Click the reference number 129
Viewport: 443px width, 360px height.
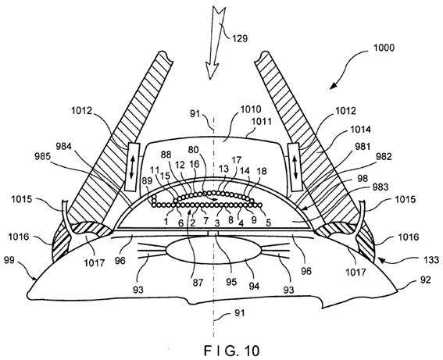(x=240, y=38)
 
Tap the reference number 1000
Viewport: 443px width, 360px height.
(x=384, y=48)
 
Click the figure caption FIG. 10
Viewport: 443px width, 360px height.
(x=231, y=351)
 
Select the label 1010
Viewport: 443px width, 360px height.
(x=251, y=109)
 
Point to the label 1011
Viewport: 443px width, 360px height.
(x=262, y=121)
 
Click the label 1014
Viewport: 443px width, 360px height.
(x=360, y=130)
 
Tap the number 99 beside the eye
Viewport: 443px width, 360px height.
(x=9, y=259)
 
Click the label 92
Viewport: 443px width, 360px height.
(x=426, y=280)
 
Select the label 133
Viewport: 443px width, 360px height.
(x=431, y=259)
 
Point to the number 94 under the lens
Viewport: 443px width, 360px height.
(x=254, y=286)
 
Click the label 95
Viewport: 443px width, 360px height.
(x=231, y=282)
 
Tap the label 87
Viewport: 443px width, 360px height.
(x=198, y=283)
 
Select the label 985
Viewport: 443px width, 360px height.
(x=42, y=156)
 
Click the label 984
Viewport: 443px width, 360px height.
(x=63, y=146)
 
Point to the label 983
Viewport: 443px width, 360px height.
(x=380, y=187)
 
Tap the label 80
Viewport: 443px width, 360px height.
(x=194, y=150)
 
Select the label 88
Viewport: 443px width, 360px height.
(x=166, y=155)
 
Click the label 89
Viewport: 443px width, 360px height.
(x=147, y=181)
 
